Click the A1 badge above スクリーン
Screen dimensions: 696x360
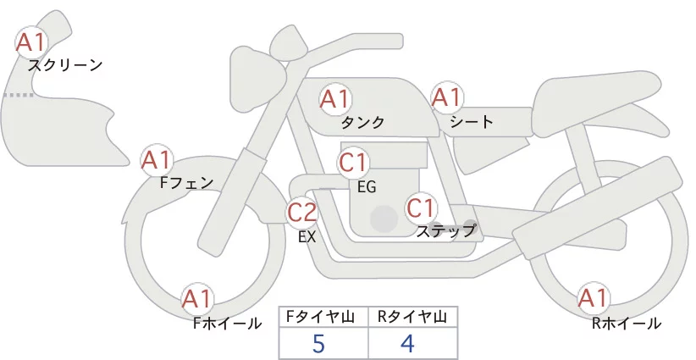(x=31, y=42)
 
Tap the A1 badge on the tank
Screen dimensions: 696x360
(x=335, y=99)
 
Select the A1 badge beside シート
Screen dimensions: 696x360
(x=447, y=97)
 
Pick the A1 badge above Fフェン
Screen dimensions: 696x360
(x=157, y=160)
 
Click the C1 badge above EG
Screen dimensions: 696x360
(x=353, y=163)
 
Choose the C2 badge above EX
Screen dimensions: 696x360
(x=302, y=212)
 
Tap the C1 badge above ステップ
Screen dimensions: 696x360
(x=421, y=208)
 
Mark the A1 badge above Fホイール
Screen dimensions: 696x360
(x=197, y=299)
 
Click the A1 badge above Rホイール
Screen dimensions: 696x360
(x=594, y=298)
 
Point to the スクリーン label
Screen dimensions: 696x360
(x=65, y=65)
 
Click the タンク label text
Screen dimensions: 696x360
(x=362, y=122)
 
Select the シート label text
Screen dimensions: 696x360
(x=472, y=121)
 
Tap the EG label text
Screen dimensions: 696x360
(x=367, y=187)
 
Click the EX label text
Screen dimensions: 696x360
(x=307, y=237)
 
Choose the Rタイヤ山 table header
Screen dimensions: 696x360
(x=413, y=317)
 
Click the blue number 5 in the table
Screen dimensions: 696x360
(x=318, y=343)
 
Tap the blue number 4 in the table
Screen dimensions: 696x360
(x=407, y=343)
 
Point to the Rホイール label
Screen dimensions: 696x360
(x=627, y=324)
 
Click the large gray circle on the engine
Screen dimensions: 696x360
(x=384, y=219)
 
